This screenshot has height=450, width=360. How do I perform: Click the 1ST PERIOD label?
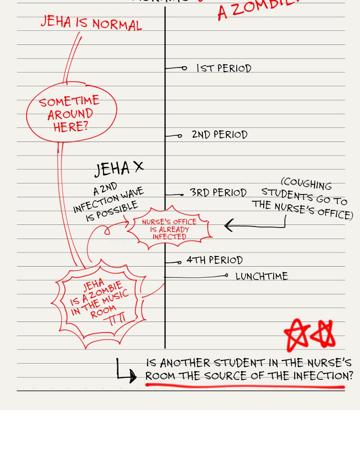[x=224, y=68]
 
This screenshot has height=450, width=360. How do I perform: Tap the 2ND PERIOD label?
[x=220, y=135]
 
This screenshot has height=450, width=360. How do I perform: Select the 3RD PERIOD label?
[x=218, y=193]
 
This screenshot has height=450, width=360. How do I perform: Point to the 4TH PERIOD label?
[x=215, y=260]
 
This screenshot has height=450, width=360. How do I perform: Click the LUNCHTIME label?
[x=261, y=276]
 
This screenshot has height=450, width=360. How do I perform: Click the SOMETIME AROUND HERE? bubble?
[x=71, y=114]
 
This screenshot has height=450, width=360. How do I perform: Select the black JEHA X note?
[x=119, y=168]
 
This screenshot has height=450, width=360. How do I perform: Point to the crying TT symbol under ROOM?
[x=115, y=320]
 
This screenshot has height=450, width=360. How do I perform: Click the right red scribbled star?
[x=324, y=334]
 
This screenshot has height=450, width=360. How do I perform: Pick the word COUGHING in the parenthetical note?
[x=306, y=185]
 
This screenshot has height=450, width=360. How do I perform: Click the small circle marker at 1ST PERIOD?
[x=184, y=68]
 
